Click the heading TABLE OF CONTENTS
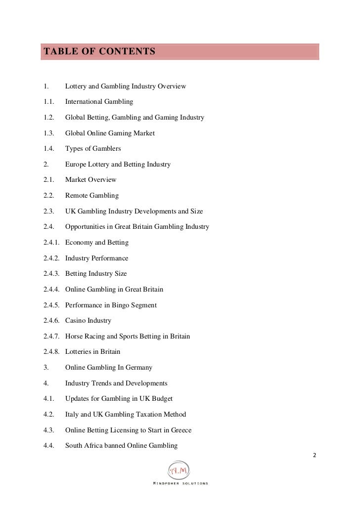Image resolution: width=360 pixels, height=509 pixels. click(x=99, y=51)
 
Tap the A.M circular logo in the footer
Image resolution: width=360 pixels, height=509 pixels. click(x=179, y=470)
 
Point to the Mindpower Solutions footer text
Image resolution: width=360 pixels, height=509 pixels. click(x=180, y=483)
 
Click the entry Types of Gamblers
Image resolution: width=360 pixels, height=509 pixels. click(x=93, y=149)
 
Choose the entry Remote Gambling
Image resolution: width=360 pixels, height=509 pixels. click(x=92, y=196)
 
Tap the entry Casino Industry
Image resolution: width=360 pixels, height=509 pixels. click(x=88, y=321)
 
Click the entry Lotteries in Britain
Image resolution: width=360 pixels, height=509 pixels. click(x=92, y=352)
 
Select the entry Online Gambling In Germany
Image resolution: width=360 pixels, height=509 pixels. click(x=109, y=368)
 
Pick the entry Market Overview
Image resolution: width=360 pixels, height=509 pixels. click(x=91, y=180)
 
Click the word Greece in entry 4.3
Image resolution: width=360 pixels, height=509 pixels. click(x=180, y=430)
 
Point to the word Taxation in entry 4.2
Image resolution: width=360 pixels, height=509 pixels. click(x=148, y=415)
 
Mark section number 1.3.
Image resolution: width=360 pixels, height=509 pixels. click(x=48, y=133)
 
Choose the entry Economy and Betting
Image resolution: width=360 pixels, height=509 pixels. click(x=97, y=243)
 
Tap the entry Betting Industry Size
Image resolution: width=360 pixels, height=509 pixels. click(x=96, y=274)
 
